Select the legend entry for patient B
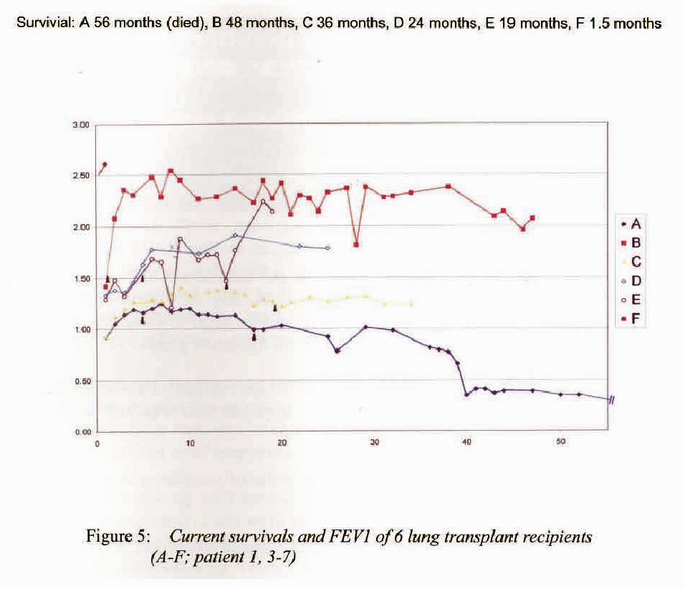pos(631,242)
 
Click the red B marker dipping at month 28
pos(356,245)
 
